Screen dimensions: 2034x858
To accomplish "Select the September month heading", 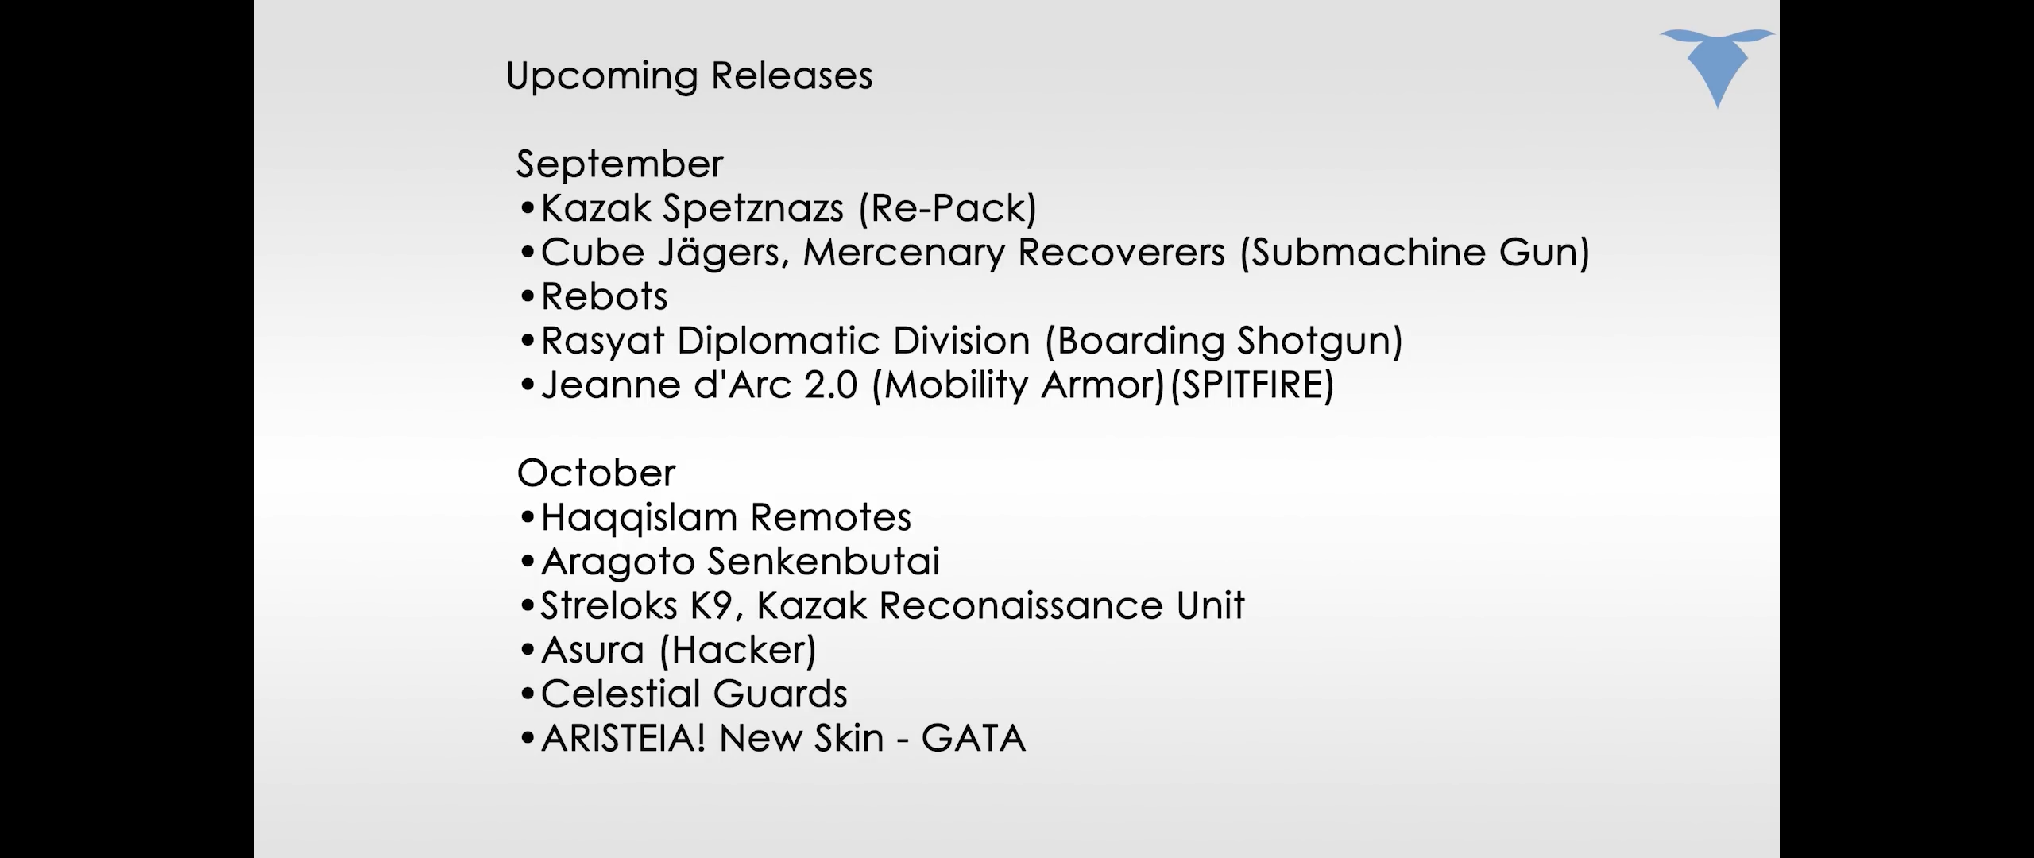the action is pyautogui.click(x=620, y=165).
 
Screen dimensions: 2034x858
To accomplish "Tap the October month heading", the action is pyautogui.click(x=596, y=473).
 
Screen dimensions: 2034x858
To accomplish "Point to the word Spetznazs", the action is pyautogui.click(x=753, y=209).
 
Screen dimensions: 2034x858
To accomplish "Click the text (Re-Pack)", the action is pyautogui.click(x=948, y=209).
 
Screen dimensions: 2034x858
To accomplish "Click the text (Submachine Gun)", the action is pyautogui.click(x=1415, y=253).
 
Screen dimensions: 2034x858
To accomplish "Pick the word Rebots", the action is pyautogui.click(x=604, y=296).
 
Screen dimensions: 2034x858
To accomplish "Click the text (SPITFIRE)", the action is pyautogui.click(x=1252, y=385).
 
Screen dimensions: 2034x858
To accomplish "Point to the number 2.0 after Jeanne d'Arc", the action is pyautogui.click(x=831, y=385).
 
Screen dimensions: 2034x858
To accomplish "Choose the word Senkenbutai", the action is pyautogui.click(x=823, y=562).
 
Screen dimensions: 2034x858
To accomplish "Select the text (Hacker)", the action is pyautogui.click(x=738, y=650).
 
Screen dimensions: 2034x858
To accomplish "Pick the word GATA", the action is pyautogui.click(x=973, y=738).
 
